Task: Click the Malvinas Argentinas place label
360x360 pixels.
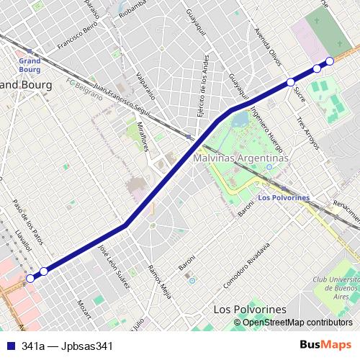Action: [240, 158]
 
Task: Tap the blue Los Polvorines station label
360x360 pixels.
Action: [282, 197]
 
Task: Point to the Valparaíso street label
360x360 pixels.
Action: [145, 86]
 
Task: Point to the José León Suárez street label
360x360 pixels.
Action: [114, 267]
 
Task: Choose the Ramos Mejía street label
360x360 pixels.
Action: [159, 282]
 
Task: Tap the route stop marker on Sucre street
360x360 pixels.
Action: [290, 82]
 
